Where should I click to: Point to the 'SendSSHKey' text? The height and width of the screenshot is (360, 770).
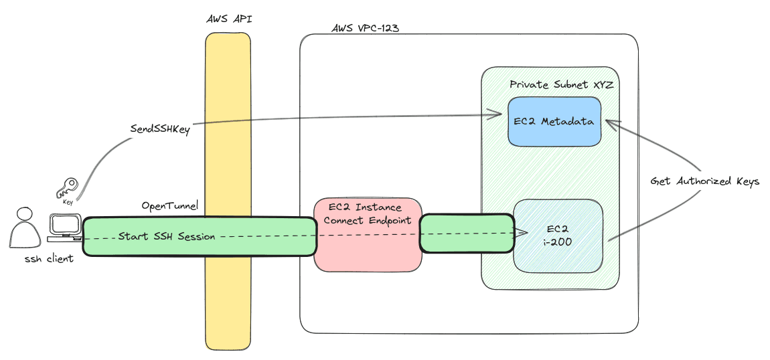160,130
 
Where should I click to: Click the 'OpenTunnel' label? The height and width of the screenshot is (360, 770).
169,205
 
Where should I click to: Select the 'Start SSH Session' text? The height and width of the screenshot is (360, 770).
167,236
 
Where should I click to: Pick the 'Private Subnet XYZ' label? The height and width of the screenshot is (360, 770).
561,85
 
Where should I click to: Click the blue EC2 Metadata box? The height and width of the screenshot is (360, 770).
554,121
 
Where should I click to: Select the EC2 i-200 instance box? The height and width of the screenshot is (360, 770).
558,235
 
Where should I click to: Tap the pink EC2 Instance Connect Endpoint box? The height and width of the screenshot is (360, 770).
367,234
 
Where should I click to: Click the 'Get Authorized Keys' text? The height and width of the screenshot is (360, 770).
705,181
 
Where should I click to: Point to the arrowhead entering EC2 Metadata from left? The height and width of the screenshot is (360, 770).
498,113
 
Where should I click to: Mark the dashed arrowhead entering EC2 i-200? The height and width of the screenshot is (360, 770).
522,232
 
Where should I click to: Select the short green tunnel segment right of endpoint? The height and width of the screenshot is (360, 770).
465,233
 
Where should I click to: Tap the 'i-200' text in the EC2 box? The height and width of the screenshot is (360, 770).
558,242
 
